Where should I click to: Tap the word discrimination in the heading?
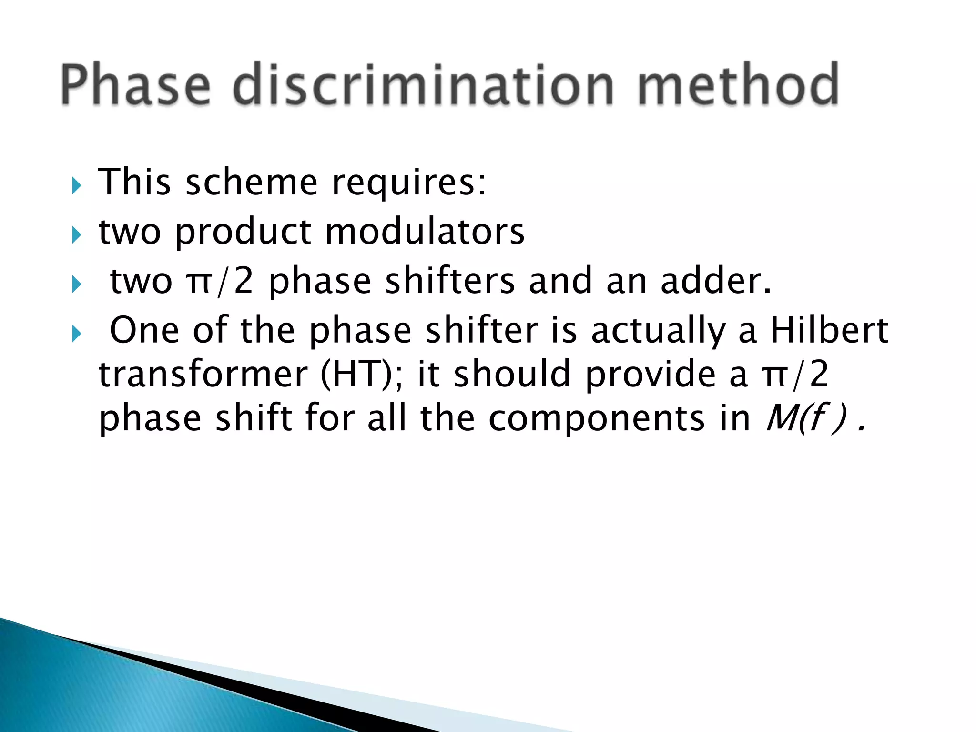(424, 84)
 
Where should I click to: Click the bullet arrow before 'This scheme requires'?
(76, 185)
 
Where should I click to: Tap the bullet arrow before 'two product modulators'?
(76, 235)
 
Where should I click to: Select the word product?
(243, 232)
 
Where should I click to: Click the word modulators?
(425, 232)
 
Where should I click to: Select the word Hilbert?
(829, 330)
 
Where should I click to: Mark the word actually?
(658, 331)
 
